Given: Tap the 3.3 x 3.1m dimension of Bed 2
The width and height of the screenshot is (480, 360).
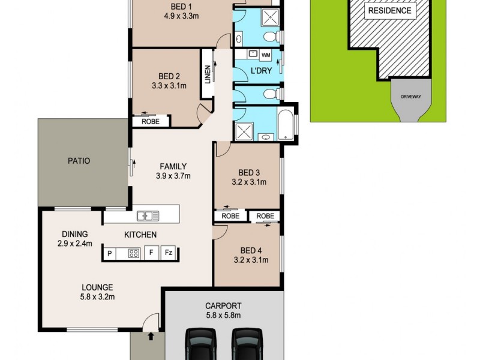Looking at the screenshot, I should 169,86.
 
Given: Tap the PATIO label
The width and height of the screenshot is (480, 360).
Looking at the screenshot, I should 79,161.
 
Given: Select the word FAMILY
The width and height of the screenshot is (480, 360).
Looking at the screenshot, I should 173,166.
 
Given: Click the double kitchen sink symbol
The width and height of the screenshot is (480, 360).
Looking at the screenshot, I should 147,215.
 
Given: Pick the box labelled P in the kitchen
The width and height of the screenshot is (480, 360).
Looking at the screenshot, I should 110,253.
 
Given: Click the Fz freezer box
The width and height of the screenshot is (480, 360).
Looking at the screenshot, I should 169,253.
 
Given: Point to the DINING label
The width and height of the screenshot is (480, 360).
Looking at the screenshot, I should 75,234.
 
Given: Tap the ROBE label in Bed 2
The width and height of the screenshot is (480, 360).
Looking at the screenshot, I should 150,121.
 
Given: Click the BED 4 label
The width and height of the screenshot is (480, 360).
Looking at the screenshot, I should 250,250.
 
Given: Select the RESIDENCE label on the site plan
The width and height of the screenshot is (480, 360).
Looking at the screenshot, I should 390,10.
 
